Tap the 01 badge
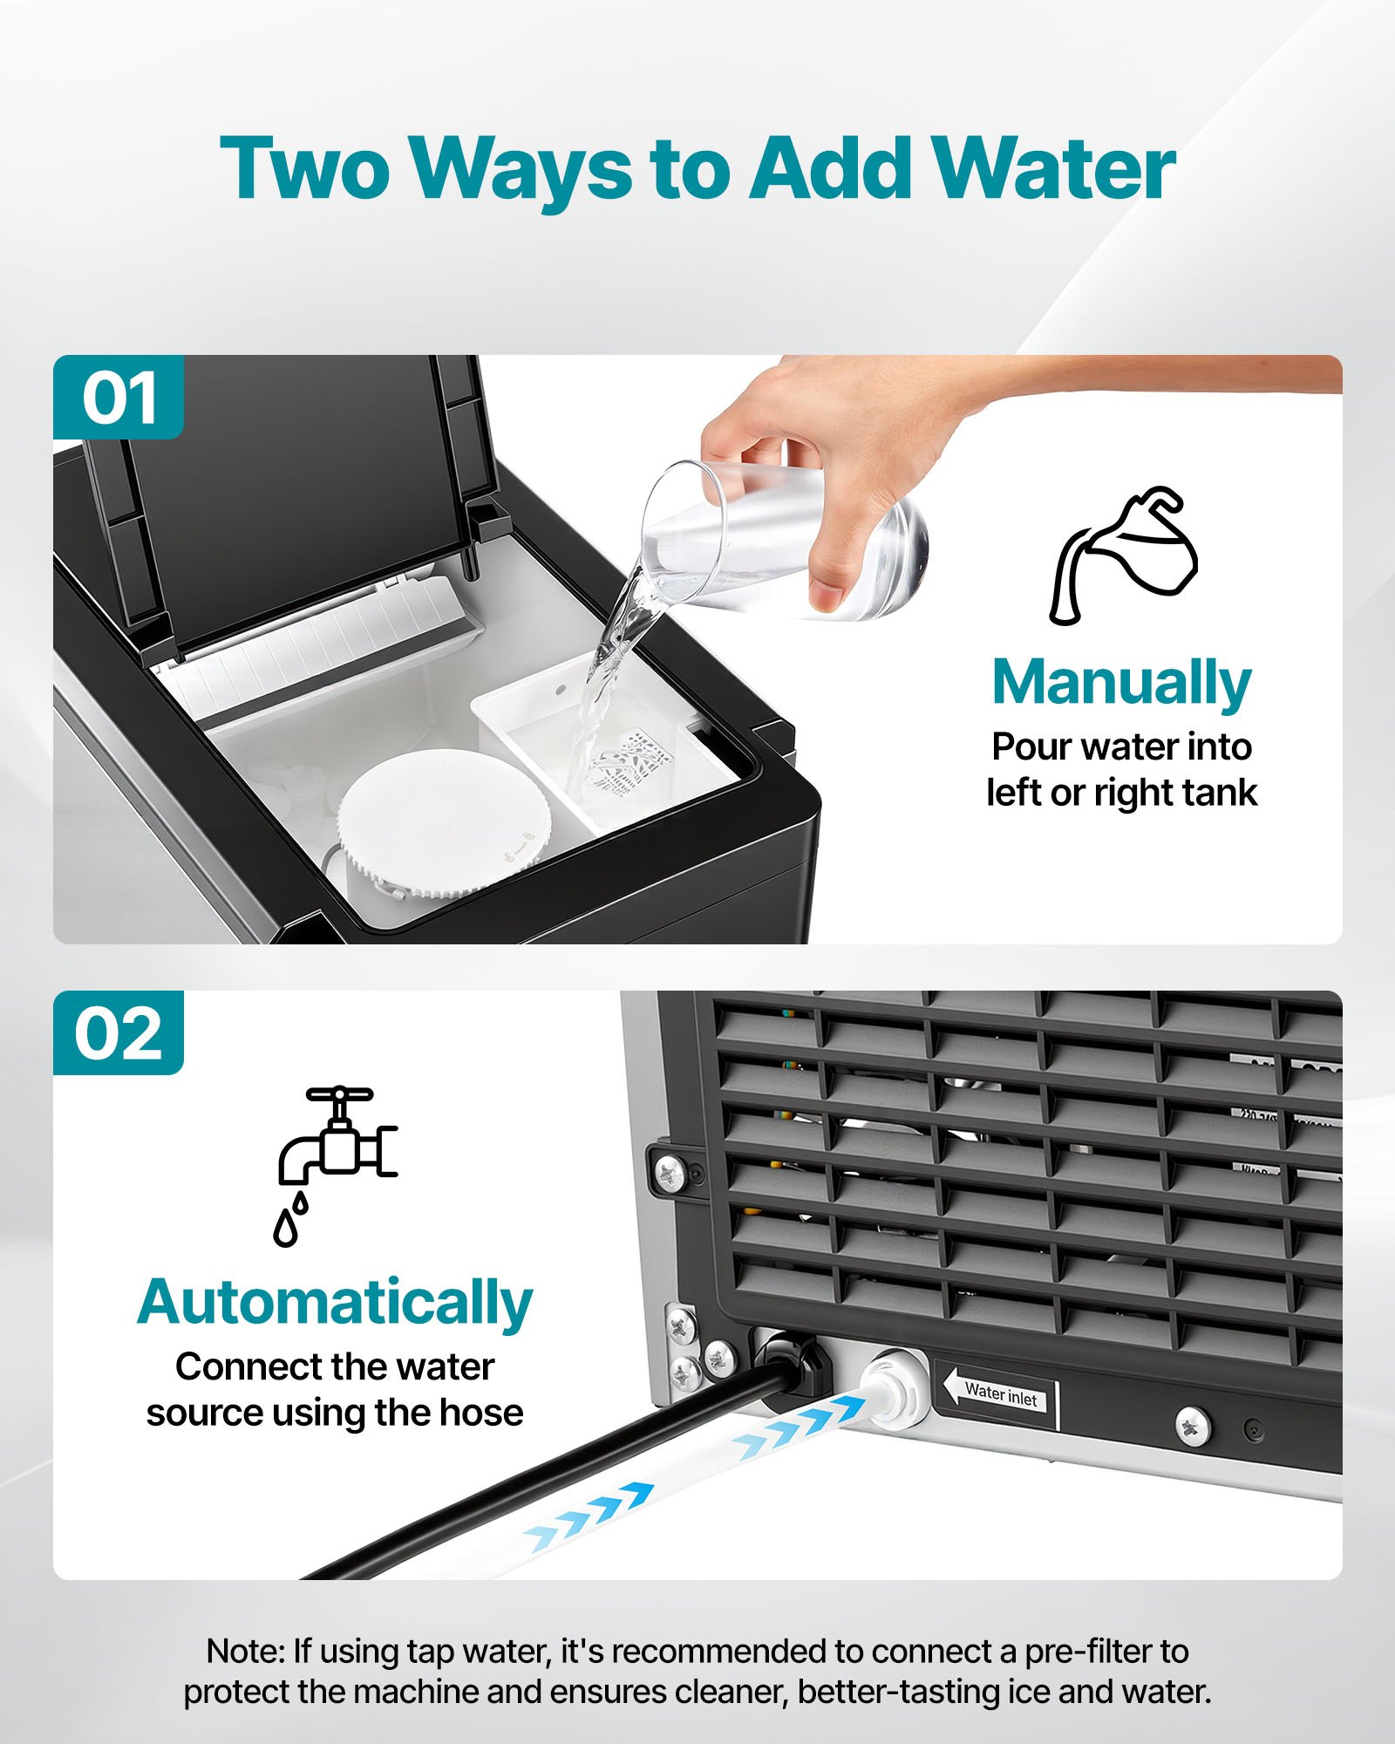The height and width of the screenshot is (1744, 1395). click(119, 399)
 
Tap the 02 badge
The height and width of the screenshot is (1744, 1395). click(119, 1033)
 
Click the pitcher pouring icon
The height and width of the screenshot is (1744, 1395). click(1123, 556)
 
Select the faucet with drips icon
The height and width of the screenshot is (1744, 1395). click(336, 1164)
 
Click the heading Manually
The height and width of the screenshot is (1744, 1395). click(1121, 683)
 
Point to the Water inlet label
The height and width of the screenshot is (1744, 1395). click(1000, 1396)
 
